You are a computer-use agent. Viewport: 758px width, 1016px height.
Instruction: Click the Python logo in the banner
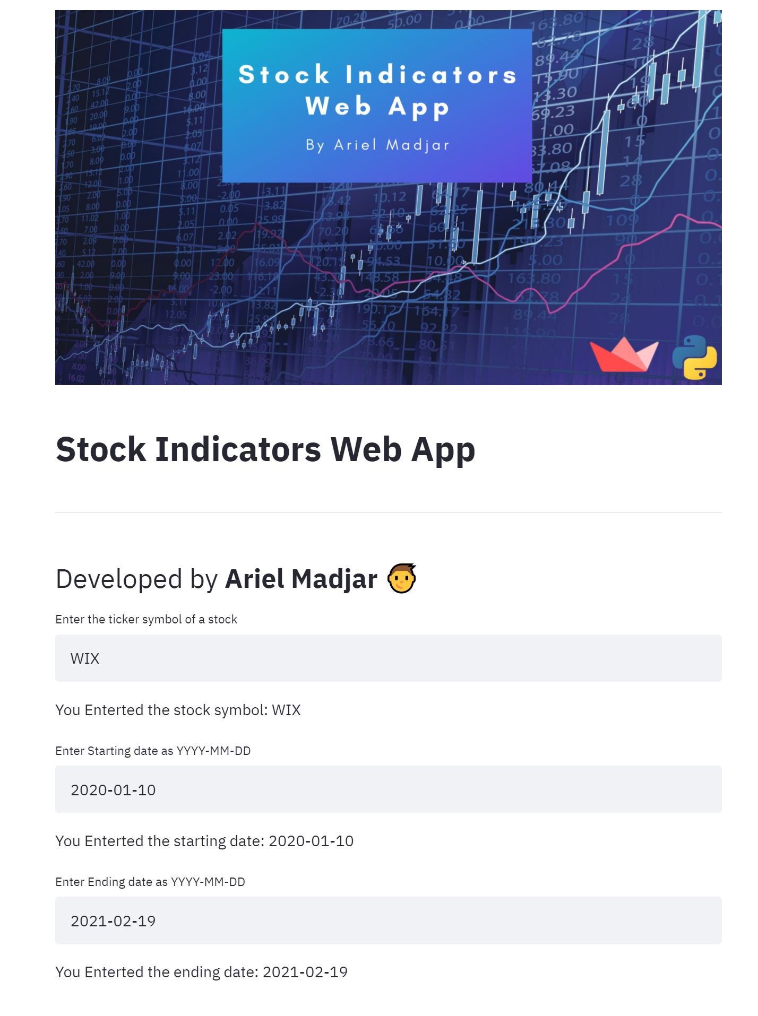coord(694,357)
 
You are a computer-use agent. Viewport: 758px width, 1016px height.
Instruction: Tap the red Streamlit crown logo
coord(624,355)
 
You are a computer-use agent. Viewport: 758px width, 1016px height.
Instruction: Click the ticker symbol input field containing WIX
coord(388,658)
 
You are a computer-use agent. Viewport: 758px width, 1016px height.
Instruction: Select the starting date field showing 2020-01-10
coord(388,789)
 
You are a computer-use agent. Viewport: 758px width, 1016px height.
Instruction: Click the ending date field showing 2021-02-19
coord(388,920)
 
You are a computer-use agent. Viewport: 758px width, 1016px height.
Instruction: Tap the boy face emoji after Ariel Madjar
coord(401,578)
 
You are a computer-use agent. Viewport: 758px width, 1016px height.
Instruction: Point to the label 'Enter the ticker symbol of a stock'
coord(146,619)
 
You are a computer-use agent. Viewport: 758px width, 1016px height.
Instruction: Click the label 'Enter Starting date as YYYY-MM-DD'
coord(153,751)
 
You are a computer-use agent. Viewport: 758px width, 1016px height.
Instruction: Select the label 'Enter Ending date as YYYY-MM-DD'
coord(150,882)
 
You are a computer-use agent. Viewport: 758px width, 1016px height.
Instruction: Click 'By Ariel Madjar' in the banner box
coord(377,145)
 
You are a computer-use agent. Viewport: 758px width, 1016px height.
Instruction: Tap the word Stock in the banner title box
coord(284,74)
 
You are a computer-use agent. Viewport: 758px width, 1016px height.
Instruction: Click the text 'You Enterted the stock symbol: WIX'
coord(178,710)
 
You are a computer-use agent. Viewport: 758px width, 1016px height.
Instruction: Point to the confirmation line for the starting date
coord(204,841)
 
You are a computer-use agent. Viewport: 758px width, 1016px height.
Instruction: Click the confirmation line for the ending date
coord(201,972)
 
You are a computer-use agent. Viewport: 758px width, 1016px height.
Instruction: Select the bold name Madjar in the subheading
coord(335,579)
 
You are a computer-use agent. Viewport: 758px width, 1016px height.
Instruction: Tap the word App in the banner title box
coord(419,107)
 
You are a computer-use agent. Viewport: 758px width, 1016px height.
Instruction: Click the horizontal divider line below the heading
coord(388,513)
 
